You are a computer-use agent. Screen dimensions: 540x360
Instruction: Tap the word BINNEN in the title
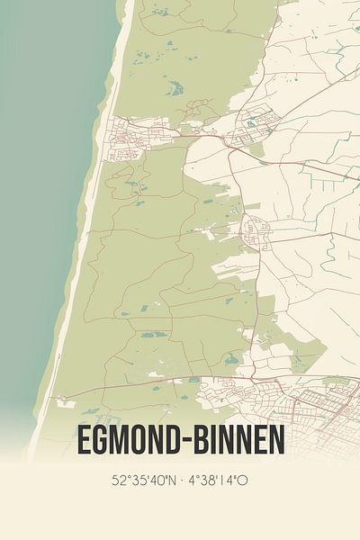(x=237, y=441)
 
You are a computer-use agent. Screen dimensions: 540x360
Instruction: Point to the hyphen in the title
(x=184, y=442)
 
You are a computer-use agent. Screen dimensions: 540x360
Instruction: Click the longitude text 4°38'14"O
(x=220, y=481)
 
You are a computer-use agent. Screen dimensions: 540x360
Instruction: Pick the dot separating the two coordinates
(x=183, y=481)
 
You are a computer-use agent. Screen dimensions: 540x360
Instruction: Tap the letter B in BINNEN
(x=200, y=441)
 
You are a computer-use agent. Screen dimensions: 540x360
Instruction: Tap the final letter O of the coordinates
(x=244, y=481)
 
